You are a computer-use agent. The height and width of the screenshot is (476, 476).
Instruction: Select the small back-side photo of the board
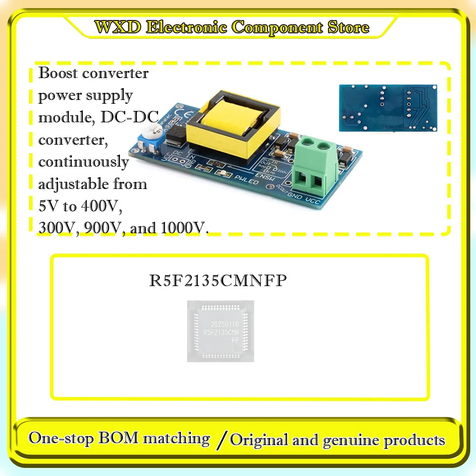click(x=388, y=108)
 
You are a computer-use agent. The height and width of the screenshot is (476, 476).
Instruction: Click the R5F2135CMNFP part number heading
click(x=218, y=281)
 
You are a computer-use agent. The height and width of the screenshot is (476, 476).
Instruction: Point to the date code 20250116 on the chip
click(x=220, y=323)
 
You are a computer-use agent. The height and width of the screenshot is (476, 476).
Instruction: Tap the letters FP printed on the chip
click(x=235, y=341)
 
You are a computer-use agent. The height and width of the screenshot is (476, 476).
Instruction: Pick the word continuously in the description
click(x=83, y=162)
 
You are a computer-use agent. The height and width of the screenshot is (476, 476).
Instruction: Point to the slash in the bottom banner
click(x=220, y=439)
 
